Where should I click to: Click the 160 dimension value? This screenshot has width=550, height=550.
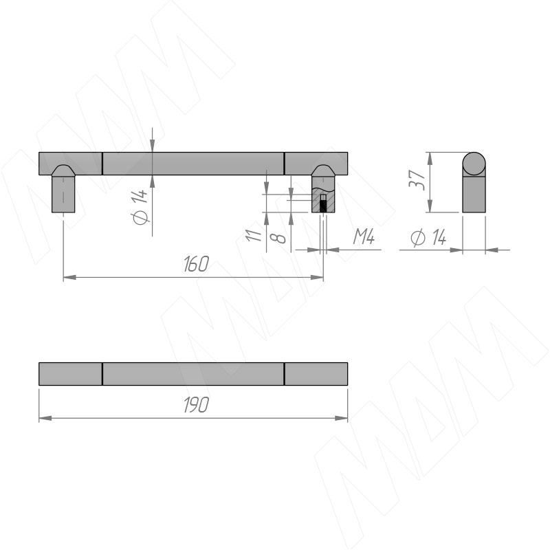[x=196, y=264]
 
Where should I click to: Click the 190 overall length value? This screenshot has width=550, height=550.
[x=196, y=405]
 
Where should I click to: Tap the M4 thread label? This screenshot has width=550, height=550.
[x=364, y=236]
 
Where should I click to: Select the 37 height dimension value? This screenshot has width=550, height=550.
[x=417, y=180]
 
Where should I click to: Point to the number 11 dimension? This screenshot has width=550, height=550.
[x=254, y=234]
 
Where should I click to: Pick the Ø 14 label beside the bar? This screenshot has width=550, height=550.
[x=140, y=207]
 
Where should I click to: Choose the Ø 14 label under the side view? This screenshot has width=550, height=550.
[x=428, y=238]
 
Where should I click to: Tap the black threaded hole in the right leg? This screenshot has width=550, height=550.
[x=323, y=206]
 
